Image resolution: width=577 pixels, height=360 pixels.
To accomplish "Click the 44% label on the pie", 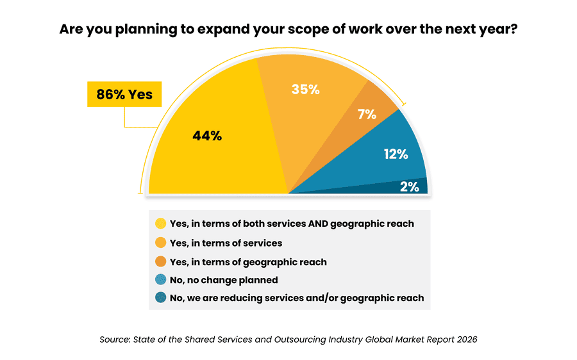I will tap(207, 136).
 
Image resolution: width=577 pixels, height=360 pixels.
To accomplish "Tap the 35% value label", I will tap(305, 90).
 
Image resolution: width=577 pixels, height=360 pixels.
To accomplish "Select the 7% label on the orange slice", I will tap(367, 115).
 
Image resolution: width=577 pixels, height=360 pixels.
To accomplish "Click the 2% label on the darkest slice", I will tap(409, 186).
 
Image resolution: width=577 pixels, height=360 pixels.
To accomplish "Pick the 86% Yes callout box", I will tap(124, 95).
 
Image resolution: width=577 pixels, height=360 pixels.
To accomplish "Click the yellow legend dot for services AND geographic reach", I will tap(160, 224).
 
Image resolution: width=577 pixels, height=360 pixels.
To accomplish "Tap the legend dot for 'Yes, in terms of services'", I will tap(160, 243).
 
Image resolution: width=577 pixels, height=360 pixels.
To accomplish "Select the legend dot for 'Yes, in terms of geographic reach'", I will tap(160, 261).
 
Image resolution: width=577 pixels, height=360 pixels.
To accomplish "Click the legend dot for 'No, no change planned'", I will tap(160, 280).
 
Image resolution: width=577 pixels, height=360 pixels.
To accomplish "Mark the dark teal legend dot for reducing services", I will tap(160, 298).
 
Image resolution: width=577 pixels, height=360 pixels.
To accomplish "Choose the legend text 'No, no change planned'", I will tap(224, 280).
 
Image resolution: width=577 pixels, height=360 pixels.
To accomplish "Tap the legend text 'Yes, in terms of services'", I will tap(226, 243).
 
